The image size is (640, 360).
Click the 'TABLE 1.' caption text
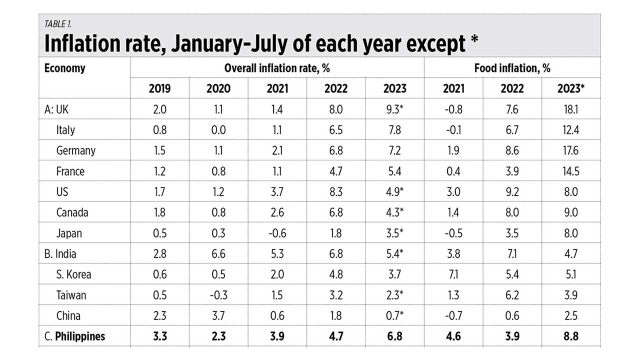tap(58, 23)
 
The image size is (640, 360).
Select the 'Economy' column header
tap(65, 68)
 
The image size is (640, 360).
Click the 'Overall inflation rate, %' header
tap(277, 68)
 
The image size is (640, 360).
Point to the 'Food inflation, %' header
tap(512, 68)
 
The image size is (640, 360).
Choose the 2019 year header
tap(159, 88)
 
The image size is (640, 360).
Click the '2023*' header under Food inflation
tap(570, 88)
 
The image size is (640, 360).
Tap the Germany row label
tap(76, 150)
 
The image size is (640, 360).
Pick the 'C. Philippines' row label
tap(75, 336)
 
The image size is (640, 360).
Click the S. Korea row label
tap(73, 274)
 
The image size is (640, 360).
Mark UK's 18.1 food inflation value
tap(570, 109)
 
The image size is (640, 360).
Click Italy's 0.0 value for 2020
tap(218, 130)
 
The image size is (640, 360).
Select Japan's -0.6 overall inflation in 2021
tap(277, 233)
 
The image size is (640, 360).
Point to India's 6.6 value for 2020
tap(218, 253)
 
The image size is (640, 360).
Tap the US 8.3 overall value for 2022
tap(336, 192)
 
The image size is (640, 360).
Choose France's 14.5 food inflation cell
tap(570, 171)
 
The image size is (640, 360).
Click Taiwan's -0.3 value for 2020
tap(218, 295)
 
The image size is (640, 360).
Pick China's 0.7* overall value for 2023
tap(395, 315)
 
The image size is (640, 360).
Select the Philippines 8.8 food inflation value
tap(570, 336)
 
